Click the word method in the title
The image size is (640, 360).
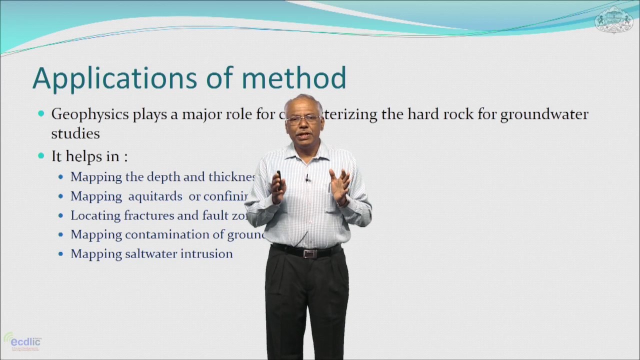(293, 78)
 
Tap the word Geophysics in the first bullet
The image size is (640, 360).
(90, 114)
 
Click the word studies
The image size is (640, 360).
(75, 133)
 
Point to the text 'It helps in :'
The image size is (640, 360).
(89, 156)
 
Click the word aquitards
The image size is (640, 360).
(155, 196)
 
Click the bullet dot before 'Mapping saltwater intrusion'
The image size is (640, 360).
(61, 254)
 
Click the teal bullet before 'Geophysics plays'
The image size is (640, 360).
(41, 114)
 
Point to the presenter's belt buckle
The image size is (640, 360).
(309, 253)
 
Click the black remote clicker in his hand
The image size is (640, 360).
(278, 176)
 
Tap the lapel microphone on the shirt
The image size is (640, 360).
(307, 178)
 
